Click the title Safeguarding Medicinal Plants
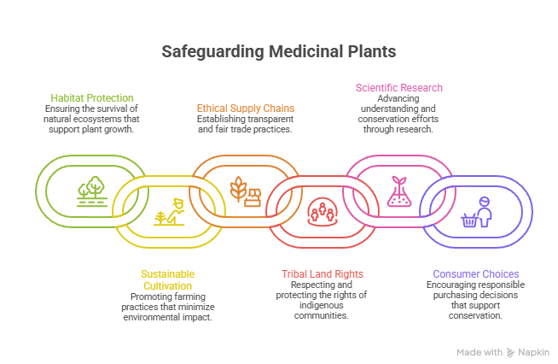click(279, 52)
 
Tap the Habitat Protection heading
click(92, 98)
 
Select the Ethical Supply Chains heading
click(246, 109)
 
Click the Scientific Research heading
click(398, 88)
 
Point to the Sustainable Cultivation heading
click(167, 279)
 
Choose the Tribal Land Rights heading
click(322, 274)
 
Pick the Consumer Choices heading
click(475, 274)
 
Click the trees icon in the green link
click(90, 190)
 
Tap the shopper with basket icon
click(475, 213)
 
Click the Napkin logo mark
click(510, 352)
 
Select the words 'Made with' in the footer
click(480, 352)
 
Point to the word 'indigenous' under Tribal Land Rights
click(322, 306)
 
